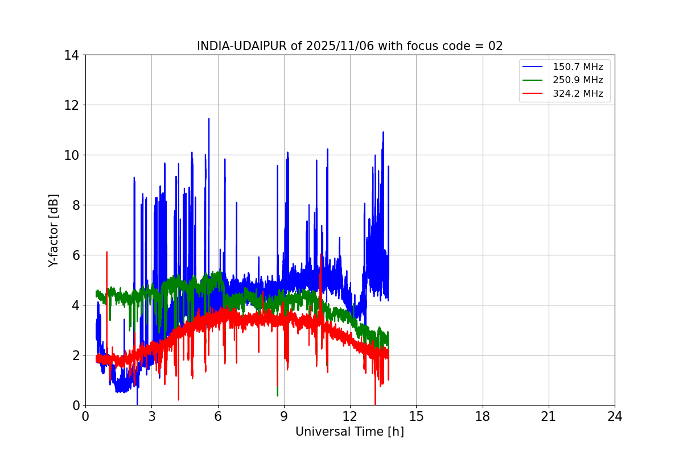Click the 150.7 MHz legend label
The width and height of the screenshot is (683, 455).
[578, 67]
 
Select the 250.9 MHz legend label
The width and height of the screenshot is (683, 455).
[578, 80]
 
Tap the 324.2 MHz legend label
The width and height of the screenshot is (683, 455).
[578, 94]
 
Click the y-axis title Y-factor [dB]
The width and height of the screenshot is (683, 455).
[54, 230]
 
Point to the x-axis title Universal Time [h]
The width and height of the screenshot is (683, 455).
[349, 432]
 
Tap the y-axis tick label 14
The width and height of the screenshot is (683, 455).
[71, 55]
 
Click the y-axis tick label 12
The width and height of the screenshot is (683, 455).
[71, 105]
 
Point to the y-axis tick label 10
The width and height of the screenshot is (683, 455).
[71, 155]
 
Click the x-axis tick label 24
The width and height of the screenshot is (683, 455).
[615, 416]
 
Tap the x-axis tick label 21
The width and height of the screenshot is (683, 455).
[549, 416]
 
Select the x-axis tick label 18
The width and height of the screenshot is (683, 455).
[483, 416]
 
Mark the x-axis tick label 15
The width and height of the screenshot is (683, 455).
[416, 416]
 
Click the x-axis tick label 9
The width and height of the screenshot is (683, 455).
[284, 416]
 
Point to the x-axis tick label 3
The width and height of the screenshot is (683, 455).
[151, 416]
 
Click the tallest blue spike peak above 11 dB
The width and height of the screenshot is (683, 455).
[209, 119]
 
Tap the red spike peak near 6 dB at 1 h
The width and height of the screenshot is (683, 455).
[106, 252]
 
